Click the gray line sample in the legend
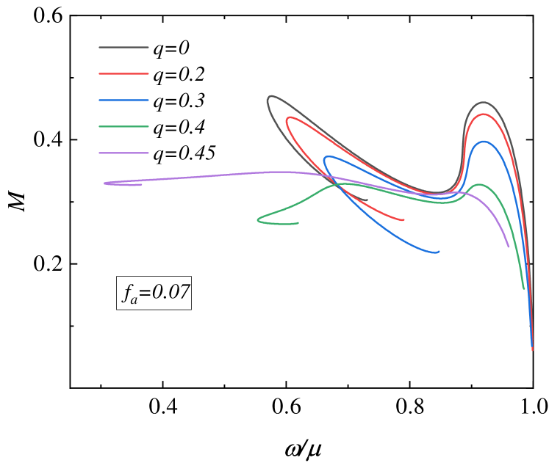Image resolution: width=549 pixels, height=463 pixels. point(123,48)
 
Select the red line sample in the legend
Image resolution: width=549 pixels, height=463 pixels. point(123,74)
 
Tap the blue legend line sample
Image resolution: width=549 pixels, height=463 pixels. point(123,101)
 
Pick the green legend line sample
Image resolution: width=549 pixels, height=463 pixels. point(123,127)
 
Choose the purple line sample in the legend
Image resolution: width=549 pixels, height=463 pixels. point(123,153)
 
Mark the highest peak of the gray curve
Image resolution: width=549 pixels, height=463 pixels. point(483,102)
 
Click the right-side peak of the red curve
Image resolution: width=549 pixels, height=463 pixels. point(483,114)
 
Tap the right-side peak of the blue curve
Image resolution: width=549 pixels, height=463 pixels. point(483,142)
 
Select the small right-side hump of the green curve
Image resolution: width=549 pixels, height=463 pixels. point(479,184)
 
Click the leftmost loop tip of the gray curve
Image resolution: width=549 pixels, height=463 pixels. point(269,98)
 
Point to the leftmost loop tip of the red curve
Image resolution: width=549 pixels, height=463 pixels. point(287,119)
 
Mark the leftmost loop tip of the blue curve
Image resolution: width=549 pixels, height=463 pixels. point(325,159)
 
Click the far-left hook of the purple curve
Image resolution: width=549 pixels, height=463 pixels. point(105,183)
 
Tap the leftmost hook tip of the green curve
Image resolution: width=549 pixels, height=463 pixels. point(258,219)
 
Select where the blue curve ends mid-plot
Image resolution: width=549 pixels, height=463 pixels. point(439,252)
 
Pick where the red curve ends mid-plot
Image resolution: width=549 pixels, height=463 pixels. point(403,219)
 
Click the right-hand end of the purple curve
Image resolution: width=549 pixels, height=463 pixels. point(509,247)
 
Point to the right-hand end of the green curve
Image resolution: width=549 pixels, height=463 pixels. point(524,288)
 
